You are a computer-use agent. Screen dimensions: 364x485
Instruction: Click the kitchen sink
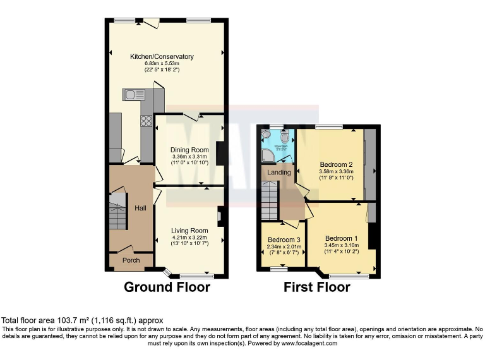[135, 95]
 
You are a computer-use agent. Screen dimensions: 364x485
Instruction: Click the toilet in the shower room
[285, 137]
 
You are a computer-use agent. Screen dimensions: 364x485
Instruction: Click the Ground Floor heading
[167, 288]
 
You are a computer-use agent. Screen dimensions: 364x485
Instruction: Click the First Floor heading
[317, 288]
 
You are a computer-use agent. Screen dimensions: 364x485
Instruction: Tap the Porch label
[131, 260]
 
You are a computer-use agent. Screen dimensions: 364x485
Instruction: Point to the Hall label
[140, 209]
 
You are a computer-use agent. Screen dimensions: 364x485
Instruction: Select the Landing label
[279, 173]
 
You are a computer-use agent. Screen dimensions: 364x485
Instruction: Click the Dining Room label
[189, 150]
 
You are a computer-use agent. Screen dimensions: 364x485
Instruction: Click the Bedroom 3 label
[284, 240]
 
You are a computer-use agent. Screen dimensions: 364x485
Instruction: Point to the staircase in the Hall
[117, 212]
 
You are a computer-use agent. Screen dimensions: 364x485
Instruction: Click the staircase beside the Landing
[270, 199]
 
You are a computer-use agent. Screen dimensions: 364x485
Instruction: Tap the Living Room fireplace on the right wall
[220, 216]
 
